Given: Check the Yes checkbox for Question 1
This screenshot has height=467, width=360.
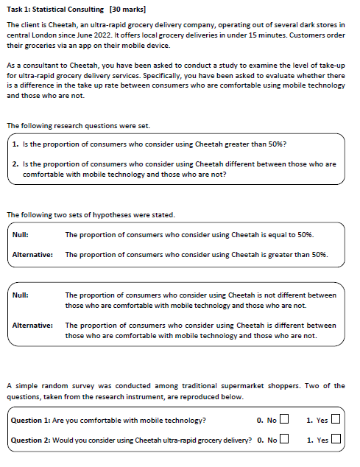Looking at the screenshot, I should pyautogui.click(x=336, y=421).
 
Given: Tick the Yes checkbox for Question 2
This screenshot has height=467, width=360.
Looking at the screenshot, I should pyautogui.click(x=336, y=440).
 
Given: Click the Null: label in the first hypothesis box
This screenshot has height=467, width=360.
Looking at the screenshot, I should pyautogui.click(x=21, y=235).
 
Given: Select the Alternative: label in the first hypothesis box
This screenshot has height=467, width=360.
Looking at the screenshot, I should pyautogui.click(x=32, y=255).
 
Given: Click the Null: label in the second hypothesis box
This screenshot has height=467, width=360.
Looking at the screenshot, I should pyautogui.click(x=21, y=295).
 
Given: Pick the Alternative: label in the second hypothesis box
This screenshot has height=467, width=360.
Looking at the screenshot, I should pyautogui.click(x=32, y=325).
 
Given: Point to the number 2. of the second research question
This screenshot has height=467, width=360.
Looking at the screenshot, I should pyautogui.click(x=15, y=164).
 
